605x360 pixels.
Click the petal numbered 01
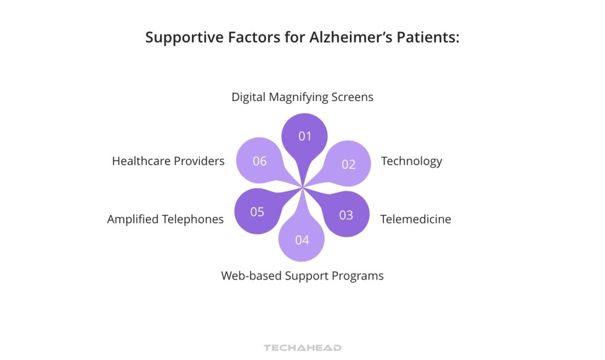point(304,137)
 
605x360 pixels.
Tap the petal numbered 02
point(348,164)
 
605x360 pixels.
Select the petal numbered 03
point(346,214)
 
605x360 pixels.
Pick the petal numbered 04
point(302,239)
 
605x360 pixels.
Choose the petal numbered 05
point(258,212)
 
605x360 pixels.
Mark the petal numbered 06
point(260,161)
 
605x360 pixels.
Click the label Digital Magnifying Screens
point(302,97)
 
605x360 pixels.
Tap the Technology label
point(411,161)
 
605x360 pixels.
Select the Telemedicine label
point(415,219)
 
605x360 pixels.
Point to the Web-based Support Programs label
point(302,275)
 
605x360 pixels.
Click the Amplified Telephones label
point(165,219)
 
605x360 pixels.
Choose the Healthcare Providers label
point(168,161)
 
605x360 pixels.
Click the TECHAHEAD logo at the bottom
point(302,348)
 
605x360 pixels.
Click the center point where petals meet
point(303,188)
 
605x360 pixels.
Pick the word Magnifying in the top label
point(299,97)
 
